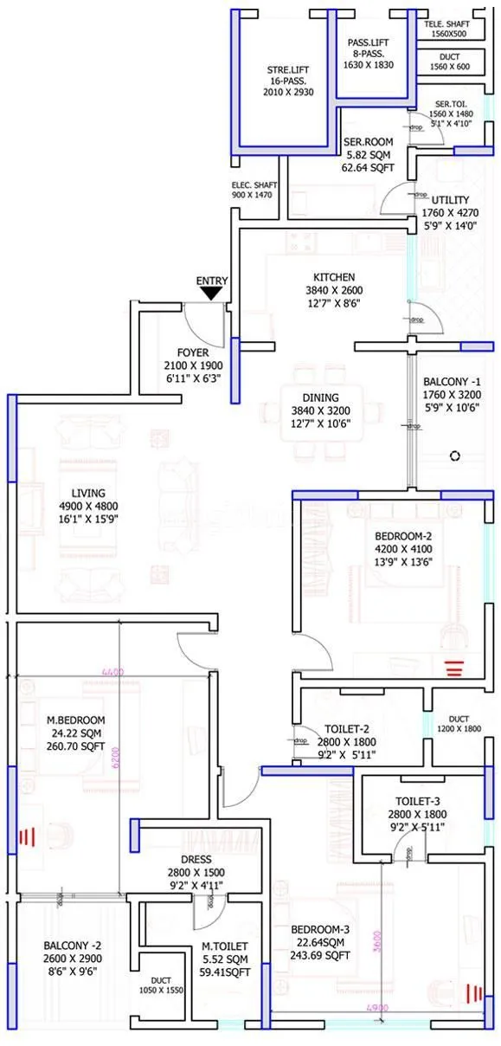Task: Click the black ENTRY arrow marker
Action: pos(210,294)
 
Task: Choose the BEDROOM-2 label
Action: pos(402,535)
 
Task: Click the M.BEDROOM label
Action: pos(76,720)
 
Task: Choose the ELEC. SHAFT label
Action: pos(252,184)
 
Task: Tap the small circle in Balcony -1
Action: pos(453,455)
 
